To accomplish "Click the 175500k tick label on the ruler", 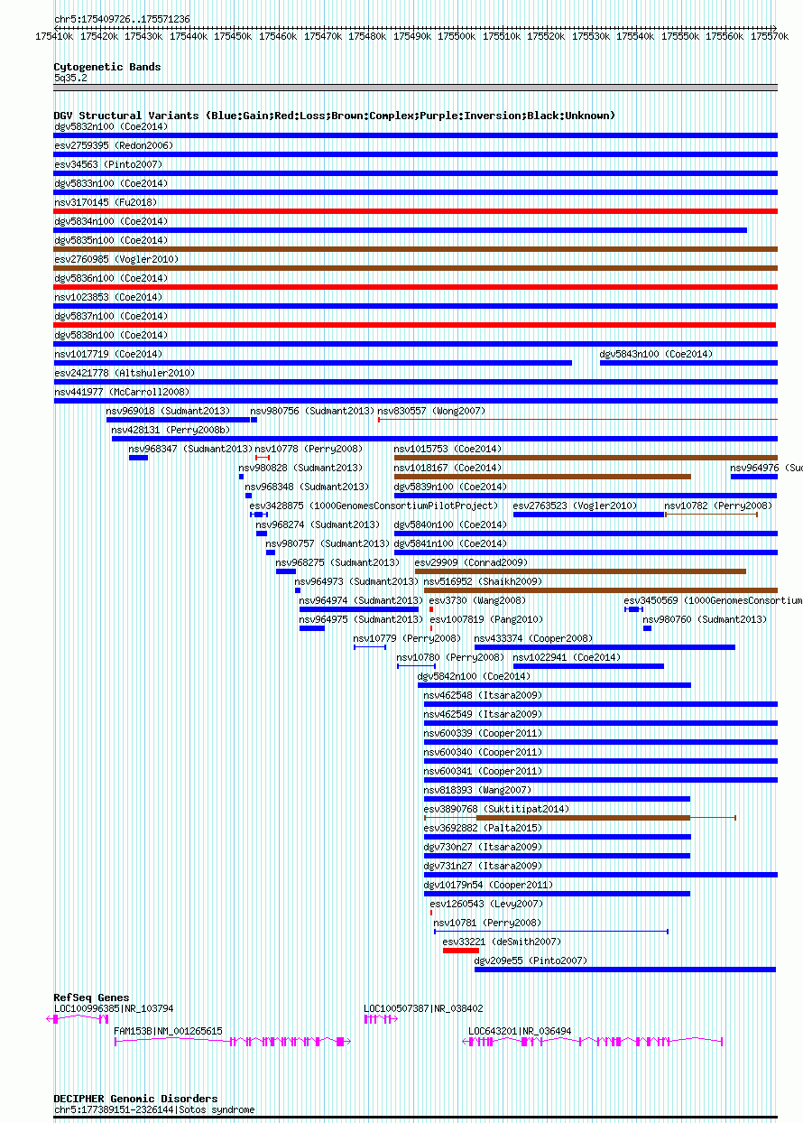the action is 457,37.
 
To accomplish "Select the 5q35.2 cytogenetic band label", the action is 70,79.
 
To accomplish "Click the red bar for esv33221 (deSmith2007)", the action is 461,951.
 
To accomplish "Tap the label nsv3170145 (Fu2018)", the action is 106,202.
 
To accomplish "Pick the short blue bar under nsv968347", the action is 138,458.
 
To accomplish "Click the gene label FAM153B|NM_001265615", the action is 168,1031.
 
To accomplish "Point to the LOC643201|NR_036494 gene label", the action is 520,1031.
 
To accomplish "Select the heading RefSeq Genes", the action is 91,998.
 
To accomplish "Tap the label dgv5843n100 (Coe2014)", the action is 656,354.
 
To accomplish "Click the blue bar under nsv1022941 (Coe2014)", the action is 588,666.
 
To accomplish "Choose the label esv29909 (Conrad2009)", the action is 471,562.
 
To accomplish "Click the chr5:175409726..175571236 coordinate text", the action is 122,19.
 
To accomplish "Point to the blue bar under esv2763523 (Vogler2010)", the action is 588,515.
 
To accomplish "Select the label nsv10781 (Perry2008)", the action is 487,923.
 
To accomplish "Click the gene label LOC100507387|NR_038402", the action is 423,1008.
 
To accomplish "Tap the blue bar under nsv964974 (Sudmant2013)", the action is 359,609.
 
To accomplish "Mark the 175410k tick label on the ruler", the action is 54,37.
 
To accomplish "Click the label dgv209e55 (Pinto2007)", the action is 531,961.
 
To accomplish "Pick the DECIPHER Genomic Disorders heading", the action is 135,1099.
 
